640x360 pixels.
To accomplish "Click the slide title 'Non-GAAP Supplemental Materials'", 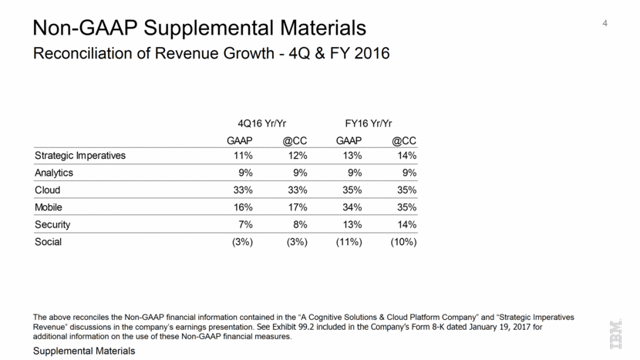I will [x=200, y=29].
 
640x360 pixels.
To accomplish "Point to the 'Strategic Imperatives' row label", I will [x=80, y=156].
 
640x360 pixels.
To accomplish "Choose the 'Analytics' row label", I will [x=56, y=173].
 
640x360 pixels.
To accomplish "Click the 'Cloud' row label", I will [x=48, y=190].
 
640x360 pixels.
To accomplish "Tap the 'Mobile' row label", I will [x=50, y=207].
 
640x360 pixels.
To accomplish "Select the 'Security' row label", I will [x=54, y=224].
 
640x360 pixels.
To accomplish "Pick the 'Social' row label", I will [x=49, y=242].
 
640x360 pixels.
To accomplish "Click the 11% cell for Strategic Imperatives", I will [x=242, y=156].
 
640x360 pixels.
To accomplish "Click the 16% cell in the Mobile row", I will [x=242, y=207].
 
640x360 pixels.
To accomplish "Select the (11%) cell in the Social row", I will [x=347, y=242].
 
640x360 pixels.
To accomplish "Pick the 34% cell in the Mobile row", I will [x=352, y=207].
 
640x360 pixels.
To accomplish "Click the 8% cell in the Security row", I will [x=300, y=224].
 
